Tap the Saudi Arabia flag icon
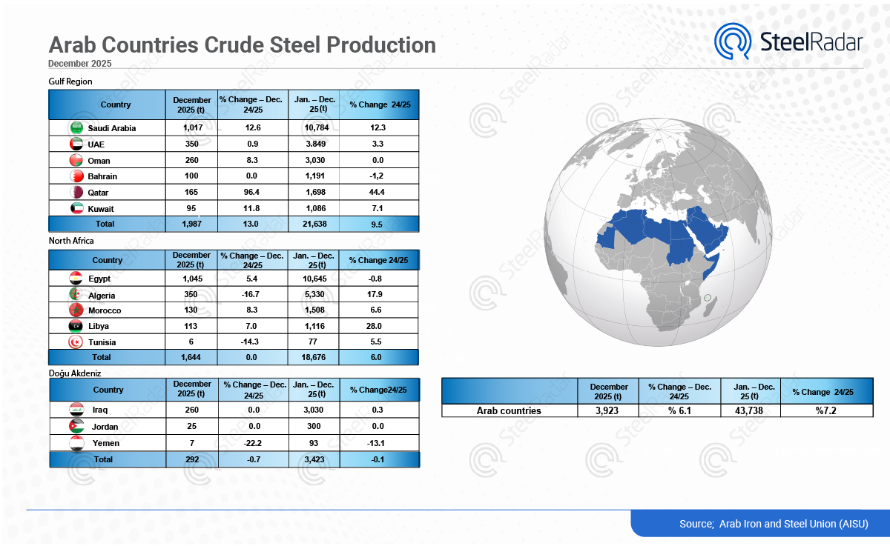coord(76,128)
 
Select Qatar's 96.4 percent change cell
coord(252,193)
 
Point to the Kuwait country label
coord(101,209)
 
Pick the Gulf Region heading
coord(70,81)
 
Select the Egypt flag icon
coord(76,279)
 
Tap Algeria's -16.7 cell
coord(252,295)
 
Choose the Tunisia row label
coord(103,342)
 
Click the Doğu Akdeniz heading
coord(75,373)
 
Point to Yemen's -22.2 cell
coord(253,443)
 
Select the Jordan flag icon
coord(76,426)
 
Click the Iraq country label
coord(100,410)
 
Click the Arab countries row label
coord(509,410)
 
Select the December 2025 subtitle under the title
coord(80,64)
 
